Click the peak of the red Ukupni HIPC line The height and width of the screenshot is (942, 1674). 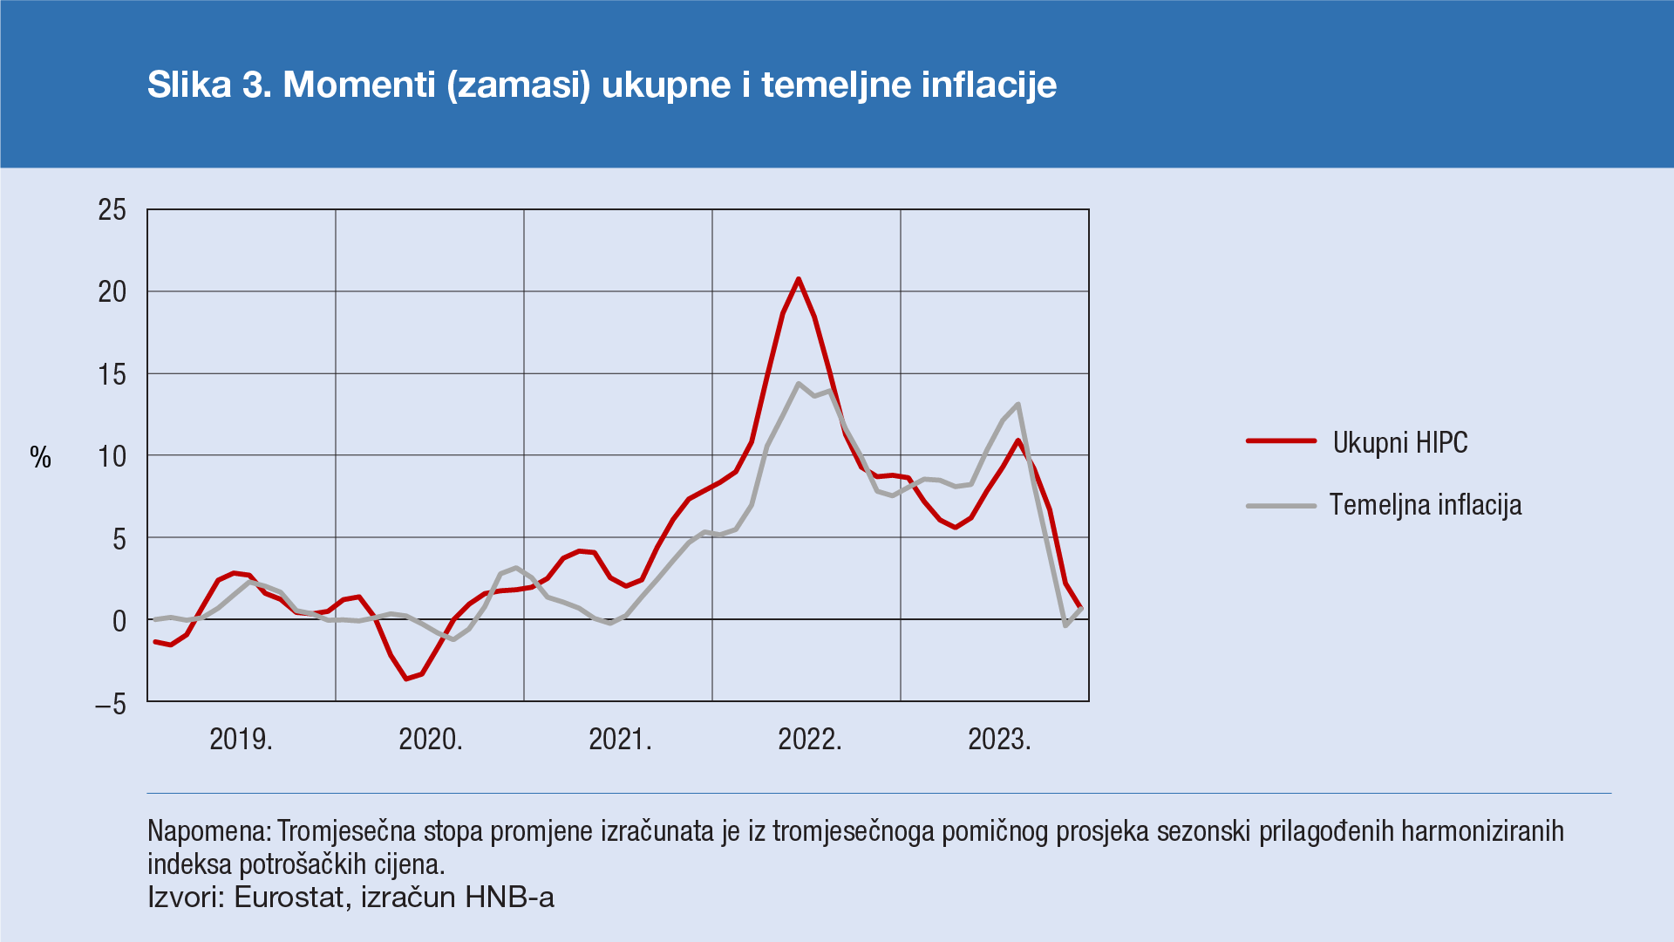(x=799, y=280)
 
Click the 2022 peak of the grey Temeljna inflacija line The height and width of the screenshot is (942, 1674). (x=798, y=384)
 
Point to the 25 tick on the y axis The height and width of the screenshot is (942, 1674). (x=112, y=210)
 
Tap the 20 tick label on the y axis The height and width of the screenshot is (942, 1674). (x=112, y=292)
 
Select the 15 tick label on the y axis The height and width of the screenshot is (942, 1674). (x=112, y=375)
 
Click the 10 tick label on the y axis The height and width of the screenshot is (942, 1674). (x=112, y=457)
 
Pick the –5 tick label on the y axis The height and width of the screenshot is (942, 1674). (x=111, y=705)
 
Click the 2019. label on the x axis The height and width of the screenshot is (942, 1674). (x=242, y=740)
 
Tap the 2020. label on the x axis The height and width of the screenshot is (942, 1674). (x=431, y=740)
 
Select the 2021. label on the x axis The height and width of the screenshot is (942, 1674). (x=620, y=740)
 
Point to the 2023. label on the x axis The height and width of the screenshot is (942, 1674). (x=999, y=740)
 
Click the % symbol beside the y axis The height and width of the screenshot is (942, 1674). (x=41, y=457)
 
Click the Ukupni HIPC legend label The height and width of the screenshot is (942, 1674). (x=1400, y=443)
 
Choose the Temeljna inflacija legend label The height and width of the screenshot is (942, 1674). (x=1426, y=505)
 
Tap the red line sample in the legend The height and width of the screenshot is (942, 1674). (x=1281, y=441)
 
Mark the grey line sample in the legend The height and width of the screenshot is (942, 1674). (x=1281, y=506)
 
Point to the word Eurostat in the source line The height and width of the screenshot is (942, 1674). (x=289, y=898)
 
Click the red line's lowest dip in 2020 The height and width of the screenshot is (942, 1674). (x=406, y=679)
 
